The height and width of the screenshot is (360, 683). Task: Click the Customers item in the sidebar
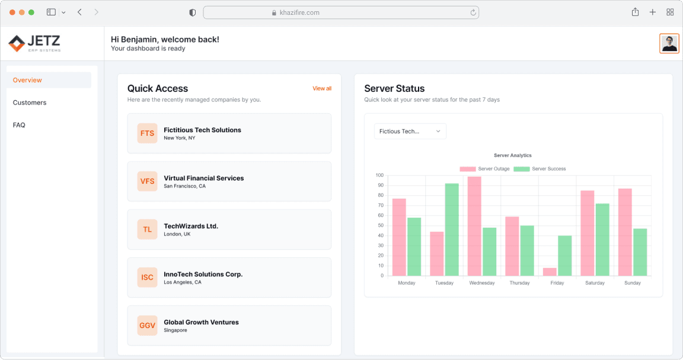(30, 103)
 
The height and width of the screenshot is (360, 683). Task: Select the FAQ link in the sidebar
(19, 125)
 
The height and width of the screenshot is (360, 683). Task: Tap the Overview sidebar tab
(27, 80)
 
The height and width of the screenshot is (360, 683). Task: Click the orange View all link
(322, 88)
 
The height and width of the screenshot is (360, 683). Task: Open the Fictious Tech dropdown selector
(410, 131)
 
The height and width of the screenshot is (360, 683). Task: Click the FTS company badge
(147, 133)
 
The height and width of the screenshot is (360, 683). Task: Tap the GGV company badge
(147, 326)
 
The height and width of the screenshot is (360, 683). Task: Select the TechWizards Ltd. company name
(191, 226)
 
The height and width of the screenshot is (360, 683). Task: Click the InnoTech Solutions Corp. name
(203, 274)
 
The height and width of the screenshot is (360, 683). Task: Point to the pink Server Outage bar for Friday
(550, 272)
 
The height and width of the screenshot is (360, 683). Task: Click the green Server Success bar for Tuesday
(452, 230)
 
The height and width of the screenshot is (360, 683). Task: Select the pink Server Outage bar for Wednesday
(474, 226)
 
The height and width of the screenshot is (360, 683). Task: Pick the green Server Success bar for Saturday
(602, 240)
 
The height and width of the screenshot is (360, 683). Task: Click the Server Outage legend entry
(484, 169)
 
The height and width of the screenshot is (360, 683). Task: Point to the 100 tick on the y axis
(379, 176)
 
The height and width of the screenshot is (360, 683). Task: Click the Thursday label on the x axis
(519, 283)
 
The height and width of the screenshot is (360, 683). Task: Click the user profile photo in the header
(669, 43)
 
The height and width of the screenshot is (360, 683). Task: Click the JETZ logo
(34, 43)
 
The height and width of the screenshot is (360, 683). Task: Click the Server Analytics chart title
(513, 155)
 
